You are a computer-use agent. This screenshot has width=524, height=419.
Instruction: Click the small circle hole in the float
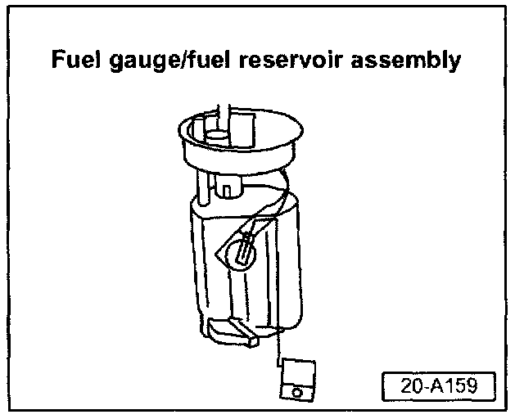point(296,392)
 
